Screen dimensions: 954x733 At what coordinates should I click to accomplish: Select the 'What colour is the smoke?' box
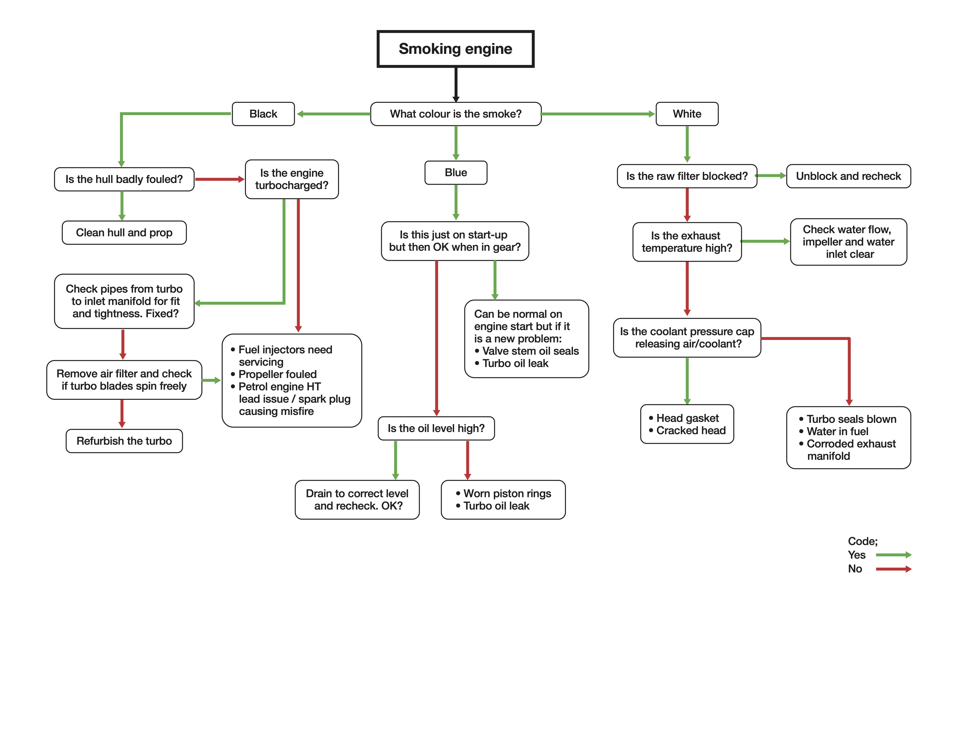455,114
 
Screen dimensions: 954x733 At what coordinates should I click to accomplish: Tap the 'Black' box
263,114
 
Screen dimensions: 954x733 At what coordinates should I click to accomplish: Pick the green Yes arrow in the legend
893,555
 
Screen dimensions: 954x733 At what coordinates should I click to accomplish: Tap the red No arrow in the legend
893,569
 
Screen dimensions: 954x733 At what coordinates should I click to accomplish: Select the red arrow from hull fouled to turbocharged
219,179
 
